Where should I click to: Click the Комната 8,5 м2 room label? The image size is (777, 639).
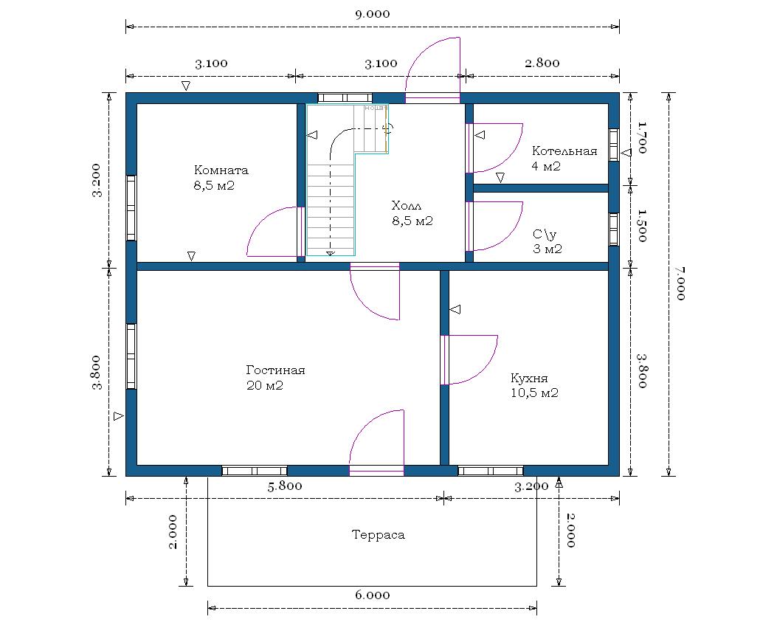click(x=221, y=178)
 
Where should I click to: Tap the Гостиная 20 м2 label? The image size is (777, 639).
click(x=275, y=378)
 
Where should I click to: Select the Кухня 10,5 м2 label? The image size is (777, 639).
click(x=534, y=385)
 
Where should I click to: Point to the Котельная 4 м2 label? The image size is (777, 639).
click(x=564, y=159)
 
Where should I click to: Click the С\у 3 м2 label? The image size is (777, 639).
click(x=547, y=241)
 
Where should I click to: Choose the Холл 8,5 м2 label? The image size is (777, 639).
click(x=412, y=213)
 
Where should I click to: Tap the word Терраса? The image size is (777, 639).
click(x=378, y=534)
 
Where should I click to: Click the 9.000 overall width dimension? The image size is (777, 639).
click(x=373, y=14)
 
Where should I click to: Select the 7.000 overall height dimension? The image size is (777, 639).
click(x=681, y=283)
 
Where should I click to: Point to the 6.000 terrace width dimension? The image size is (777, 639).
click(x=373, y=595)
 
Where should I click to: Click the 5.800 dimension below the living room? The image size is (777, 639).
click(x=285, y=486)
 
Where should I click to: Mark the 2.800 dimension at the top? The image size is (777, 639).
click(x=542, y=63)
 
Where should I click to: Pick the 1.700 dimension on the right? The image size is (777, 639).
click(x=643, y=138)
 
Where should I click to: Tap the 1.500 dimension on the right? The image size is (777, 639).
click(x=643, y=226)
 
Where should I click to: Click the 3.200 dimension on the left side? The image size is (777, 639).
click(x=96, y=180)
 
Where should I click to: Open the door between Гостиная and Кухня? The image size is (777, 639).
click(x=469, y=359)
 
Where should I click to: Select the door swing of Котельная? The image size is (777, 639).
click(x=496, y=148)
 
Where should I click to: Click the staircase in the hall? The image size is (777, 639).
click(x=347, y=180)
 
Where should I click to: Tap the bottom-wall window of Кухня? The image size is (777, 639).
click(x=491, y=471)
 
